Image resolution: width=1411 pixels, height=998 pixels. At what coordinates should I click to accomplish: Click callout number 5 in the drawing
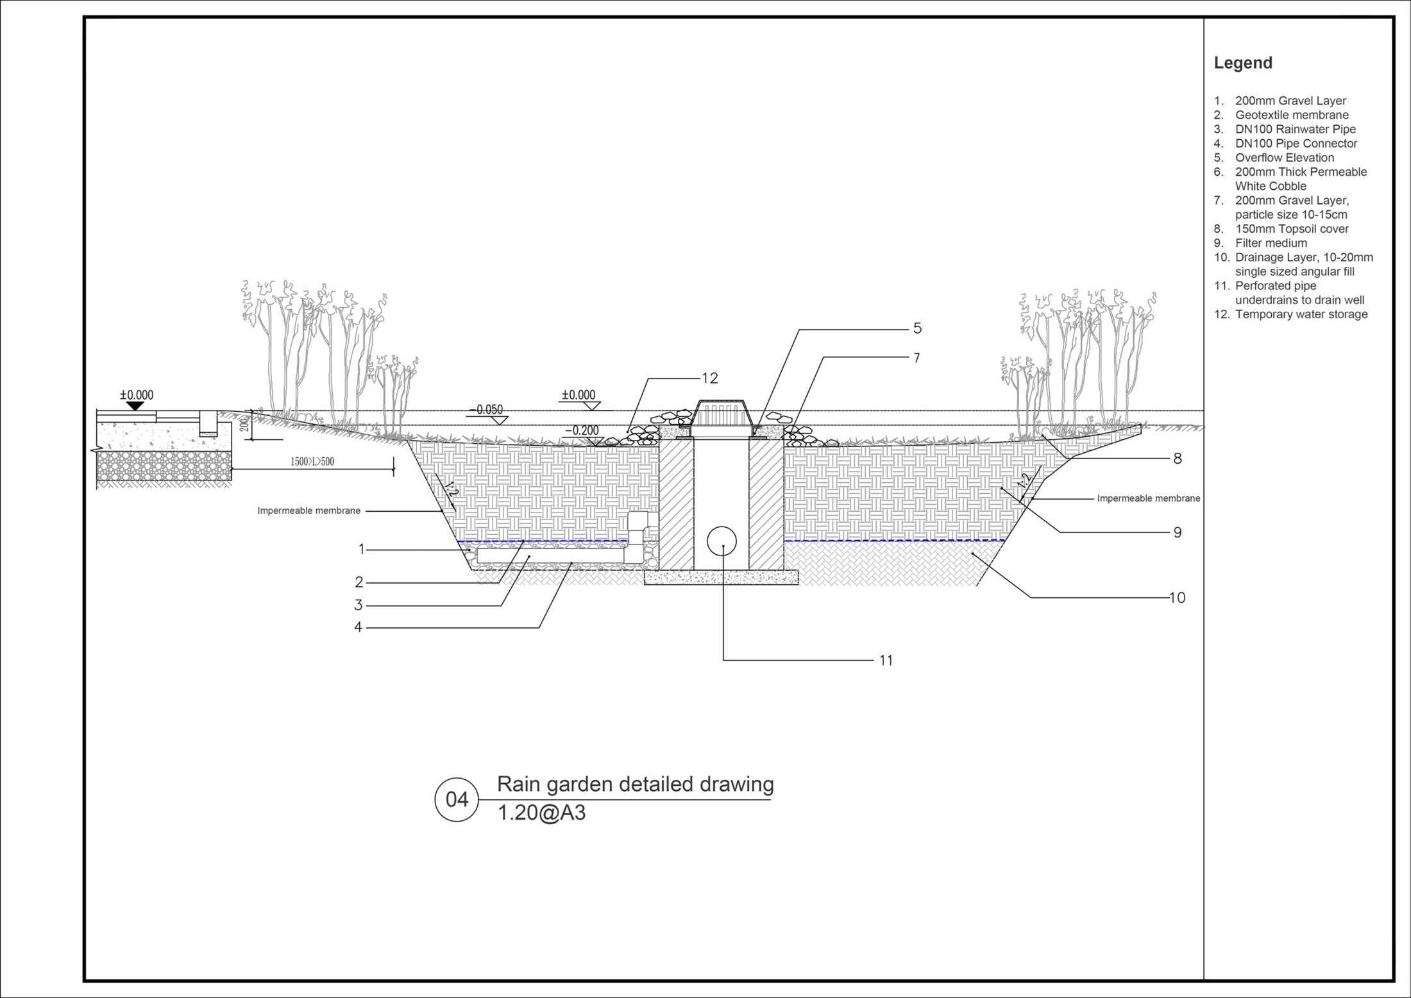click(917, 328)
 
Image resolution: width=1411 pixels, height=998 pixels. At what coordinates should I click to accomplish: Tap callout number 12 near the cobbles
click(709, 378)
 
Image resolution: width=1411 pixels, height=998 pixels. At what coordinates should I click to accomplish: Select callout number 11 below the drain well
click(886, 660)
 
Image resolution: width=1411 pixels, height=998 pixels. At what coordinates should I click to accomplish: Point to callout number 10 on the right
click(1178, 598)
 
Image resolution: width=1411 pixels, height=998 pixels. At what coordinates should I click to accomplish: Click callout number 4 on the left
click(359, 627)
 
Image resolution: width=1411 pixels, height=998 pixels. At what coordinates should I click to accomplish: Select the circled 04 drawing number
click(457, 800)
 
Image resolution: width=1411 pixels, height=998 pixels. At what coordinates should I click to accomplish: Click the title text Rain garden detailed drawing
click(636, 785)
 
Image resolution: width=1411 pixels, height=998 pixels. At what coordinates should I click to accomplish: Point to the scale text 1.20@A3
click(542, 813)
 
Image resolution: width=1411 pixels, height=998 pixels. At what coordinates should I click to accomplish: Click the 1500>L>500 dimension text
click(312, 461)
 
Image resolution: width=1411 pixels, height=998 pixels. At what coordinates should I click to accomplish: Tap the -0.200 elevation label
click(582, 430)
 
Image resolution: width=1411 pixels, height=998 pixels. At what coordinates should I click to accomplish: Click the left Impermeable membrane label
click(309, 511)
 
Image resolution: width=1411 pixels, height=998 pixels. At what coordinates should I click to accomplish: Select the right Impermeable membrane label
click(1149, 498)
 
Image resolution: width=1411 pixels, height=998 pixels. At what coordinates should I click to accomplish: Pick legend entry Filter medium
click(1271, 243)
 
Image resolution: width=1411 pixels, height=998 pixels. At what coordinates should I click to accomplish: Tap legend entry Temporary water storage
click(1301, 314)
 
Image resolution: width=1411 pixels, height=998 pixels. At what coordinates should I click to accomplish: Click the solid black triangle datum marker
click(135, 406)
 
